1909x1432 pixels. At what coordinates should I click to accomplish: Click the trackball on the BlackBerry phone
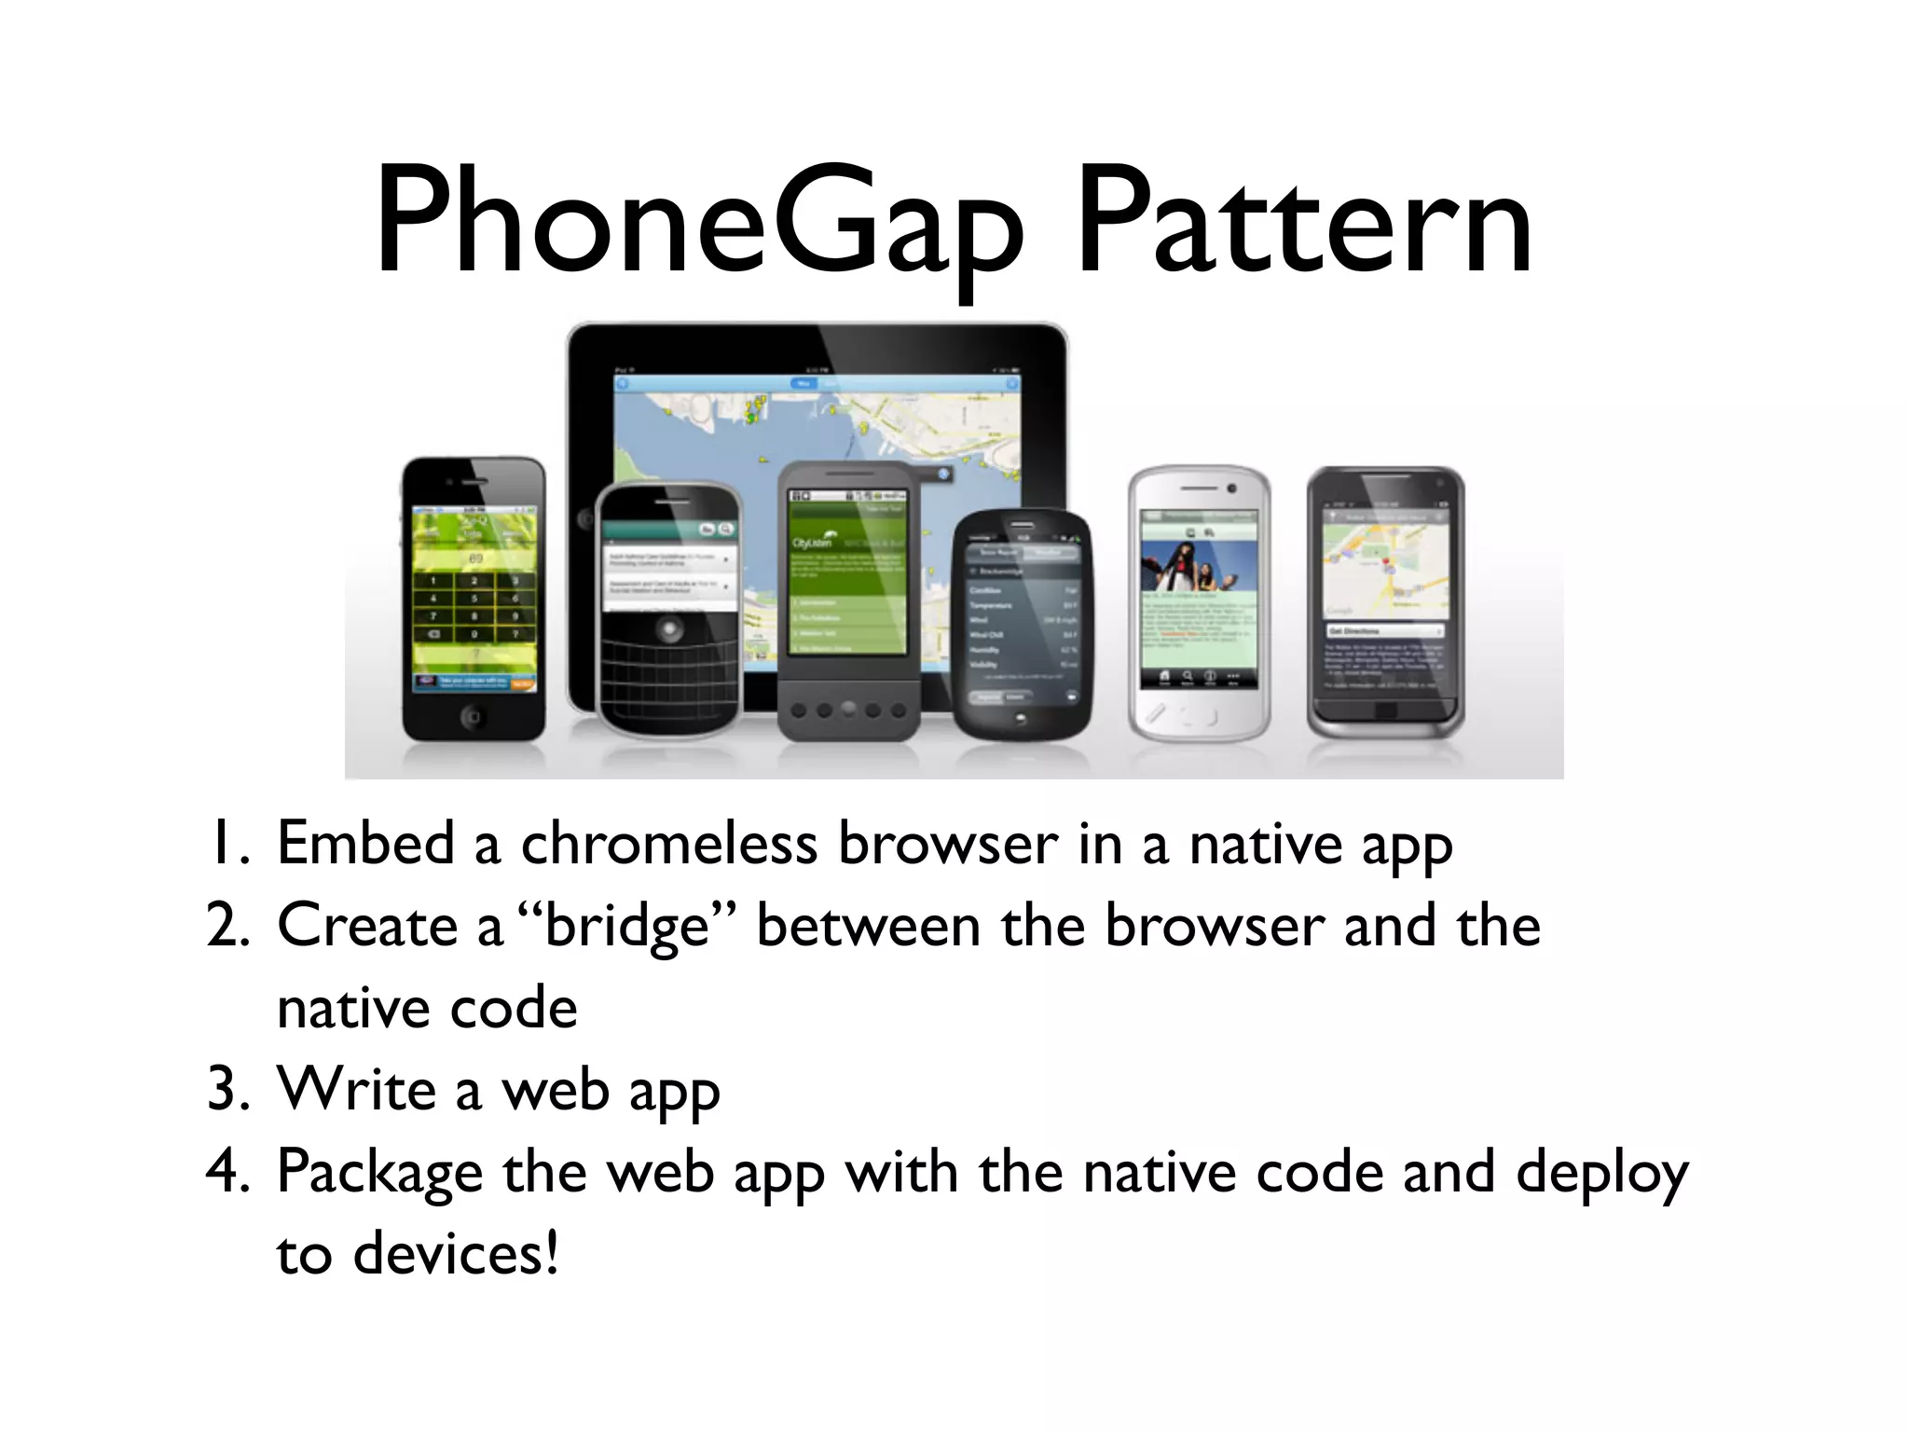click(x=668, y=630)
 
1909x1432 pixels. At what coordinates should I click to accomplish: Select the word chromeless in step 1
click(x=668, y=845)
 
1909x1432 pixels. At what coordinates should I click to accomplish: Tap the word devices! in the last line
click(x=456, y=1253)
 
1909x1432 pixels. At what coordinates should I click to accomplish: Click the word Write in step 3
click(x=357, y=1089)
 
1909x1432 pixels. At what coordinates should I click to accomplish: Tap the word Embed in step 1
click(x=365, y=845)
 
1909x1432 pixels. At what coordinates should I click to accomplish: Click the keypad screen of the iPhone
click(x=474, y=597)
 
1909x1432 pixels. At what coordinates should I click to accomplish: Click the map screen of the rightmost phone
click(x=1386, y=597)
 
